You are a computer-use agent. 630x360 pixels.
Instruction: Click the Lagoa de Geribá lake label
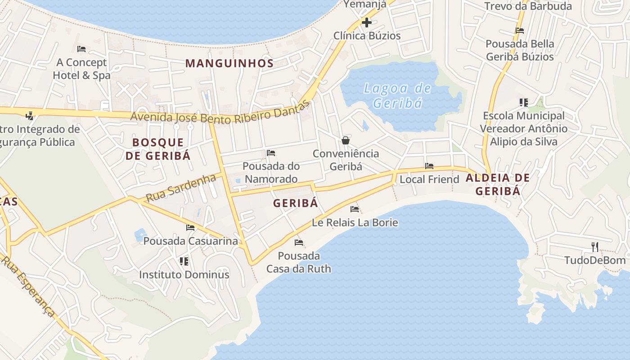(x=397, y=96)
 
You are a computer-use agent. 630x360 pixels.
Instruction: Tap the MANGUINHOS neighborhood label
(x=229, y=63)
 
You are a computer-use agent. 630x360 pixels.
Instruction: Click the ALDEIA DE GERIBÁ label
(x=498, y=184)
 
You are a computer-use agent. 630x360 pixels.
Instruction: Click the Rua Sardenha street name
(x=181, y=188)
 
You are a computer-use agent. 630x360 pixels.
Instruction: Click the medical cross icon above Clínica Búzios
(x=367, y=22)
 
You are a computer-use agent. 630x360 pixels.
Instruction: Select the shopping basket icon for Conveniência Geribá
(x=346, y=140)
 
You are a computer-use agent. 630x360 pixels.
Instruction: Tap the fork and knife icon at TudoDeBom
(x=595, y=247)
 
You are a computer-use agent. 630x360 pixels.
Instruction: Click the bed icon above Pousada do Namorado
(x=271, y=153)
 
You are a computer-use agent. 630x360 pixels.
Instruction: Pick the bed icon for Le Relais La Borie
(x=355, y=209)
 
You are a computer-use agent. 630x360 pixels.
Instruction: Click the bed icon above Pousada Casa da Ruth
(x=298, y=243)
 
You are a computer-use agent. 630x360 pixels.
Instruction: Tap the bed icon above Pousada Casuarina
(x=190, y=228)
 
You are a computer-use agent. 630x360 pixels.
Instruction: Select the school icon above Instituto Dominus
(x=184, y=261)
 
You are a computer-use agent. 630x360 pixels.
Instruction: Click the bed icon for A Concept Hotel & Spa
(x=81, y=49)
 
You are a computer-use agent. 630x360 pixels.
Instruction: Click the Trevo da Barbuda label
(x=528, y=6)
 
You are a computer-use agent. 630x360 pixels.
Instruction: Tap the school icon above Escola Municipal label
(x=523, y=103)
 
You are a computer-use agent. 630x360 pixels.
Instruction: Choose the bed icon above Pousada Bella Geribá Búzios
(x=520, y=31)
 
